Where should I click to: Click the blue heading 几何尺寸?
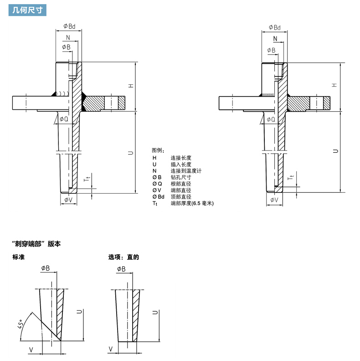27,10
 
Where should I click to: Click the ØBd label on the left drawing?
69,26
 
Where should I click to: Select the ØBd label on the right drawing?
275,27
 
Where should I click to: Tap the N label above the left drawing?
68,37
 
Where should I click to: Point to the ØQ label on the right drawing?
271,119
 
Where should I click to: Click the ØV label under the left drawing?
68,200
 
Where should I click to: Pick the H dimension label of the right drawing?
334,85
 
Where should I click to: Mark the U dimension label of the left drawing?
130,153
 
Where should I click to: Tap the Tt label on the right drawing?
291,177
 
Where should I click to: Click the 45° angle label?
21,324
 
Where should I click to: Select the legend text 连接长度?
181,158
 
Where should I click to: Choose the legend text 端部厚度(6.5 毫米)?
192,203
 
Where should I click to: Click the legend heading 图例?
158,150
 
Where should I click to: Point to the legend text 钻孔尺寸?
181,177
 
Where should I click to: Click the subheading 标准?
18,257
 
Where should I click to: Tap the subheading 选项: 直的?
123,257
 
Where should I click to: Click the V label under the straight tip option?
111,349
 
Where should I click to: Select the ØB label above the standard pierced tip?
46,268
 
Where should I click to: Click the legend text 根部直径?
181,184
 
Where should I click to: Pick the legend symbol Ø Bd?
159,196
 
